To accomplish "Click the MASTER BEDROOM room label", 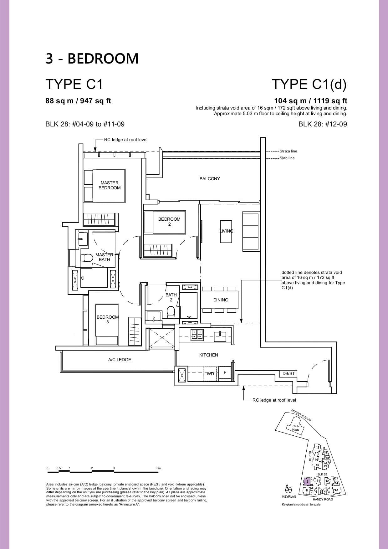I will pyautogui.click(x=110, y=185).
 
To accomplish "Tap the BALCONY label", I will pyautogui.click(x=210, y=179).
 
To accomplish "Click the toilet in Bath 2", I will pyautogui.click(x=171, y=312).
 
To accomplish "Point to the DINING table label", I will pyautogui.click(x=221, y=300).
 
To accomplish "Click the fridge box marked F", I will pyautogui.click(x=225, y=373).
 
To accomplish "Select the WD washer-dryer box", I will pyautogui.click(x=210, y=374).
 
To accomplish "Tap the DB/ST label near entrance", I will pyautogui.click(x=288, y=373).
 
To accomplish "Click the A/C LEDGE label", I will pyautogui.click(x=120, y=360).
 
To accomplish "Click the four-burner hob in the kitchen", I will pyautogui.click(x=197, y=335).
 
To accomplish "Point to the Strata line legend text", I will pyautogui.click(x=288, y=151).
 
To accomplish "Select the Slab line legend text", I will pyautogui.click(x=287, y=158).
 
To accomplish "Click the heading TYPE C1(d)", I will pyautogui.click(x=309, y=84).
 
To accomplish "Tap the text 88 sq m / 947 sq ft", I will pyautogui.click(x=78, y=101).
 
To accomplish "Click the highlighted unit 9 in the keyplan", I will pyautogui.click(x=307, y=481).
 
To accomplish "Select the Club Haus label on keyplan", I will pyautogui.click(x=296, y=428).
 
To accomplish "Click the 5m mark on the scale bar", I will pyautogui.click(x=158, y=468).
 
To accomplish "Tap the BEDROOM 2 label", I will pyautogui.click(x=169, y=222).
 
